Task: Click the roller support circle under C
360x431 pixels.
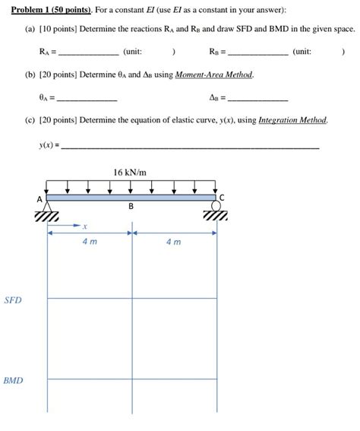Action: tap(216, 206)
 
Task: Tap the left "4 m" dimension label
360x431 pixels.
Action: tap(90, 242)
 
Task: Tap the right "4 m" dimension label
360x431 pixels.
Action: tap(173, 242)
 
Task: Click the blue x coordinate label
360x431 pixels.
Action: tap(85, 226)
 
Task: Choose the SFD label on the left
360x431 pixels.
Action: tap(13, 301)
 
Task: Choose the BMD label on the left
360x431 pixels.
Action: tap(13, 380)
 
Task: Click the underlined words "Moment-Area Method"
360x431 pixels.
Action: tap(214, 75)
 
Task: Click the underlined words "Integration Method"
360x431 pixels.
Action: tap(292, 121)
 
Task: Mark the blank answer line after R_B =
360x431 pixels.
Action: tap(257, 55)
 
